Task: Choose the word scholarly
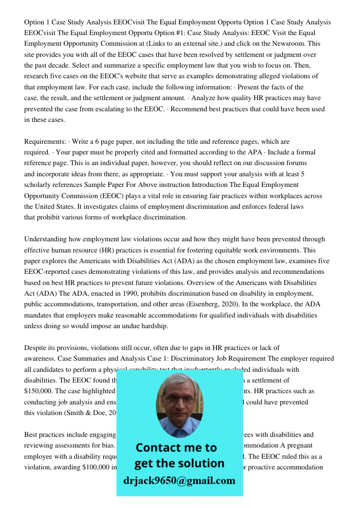(41, 185)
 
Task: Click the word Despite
(36, 348)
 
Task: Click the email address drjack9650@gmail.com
(179, 481)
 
